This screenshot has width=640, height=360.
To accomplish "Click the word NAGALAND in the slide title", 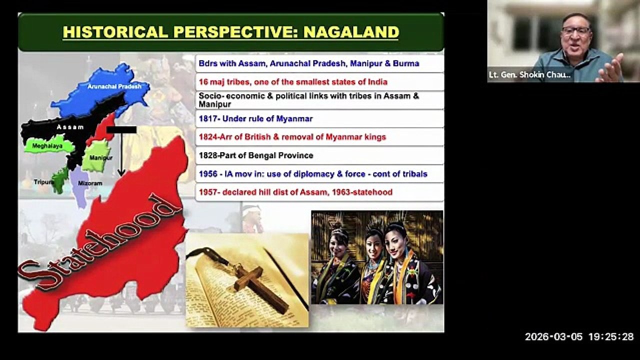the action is (x=351, y=32).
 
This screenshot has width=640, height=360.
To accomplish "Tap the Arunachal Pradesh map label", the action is (x=114, y=86).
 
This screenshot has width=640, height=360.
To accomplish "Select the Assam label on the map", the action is (x=70, y=127).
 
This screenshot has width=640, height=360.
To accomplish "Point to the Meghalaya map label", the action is (x=47, y=146).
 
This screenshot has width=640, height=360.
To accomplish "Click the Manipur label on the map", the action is (x=101, y=157).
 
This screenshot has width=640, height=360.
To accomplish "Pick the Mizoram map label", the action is (x=90, y=183).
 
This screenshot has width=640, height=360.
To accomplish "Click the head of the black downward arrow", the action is (x=121, y=172).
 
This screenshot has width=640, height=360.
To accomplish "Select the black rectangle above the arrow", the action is (x=121, y=129).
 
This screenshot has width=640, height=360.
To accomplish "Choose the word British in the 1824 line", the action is (x=255, y=137).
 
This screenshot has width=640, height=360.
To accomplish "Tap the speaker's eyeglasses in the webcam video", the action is (x=575, y=30).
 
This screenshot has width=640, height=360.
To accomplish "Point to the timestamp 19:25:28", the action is (x=611, y=337).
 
